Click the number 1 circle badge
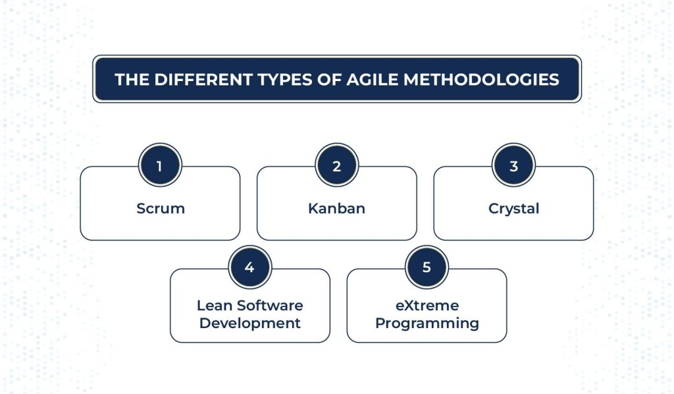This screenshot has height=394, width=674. pos(160,165)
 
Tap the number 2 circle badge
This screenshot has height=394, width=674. pos(336,165)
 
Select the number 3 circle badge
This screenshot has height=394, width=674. pos(513,165)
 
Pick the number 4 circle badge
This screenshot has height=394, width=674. pos(249,267)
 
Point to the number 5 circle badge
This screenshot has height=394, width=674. pos(427,267)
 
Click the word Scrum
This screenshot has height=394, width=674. pos(161,209)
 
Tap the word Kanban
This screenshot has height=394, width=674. pos(336,209)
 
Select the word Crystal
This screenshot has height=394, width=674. pos(513,209)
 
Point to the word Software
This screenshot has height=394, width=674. pos(270,306)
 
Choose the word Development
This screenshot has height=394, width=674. pos(249,324)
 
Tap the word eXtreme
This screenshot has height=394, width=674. pos(427,306)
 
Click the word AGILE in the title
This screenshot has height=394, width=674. pos(373,80)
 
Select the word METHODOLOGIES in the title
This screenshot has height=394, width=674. pos(481,80)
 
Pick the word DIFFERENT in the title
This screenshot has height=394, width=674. pos(203,80)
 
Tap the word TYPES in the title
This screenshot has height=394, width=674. pos(285,80)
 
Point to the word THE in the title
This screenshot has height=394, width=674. pos(132,80)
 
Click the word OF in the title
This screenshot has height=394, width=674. pos(329,80)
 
